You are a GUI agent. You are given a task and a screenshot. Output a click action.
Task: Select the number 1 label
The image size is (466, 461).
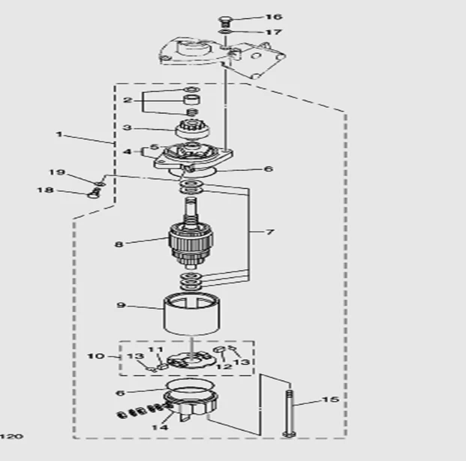pos(59,135)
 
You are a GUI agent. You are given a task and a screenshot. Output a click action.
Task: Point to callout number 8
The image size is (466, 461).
pos(119,243)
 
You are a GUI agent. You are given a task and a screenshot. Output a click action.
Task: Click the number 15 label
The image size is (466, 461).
pos(330,400)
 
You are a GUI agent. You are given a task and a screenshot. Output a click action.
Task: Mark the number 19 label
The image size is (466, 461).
pos(57,173)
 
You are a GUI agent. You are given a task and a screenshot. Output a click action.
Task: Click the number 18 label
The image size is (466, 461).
pos(46,190)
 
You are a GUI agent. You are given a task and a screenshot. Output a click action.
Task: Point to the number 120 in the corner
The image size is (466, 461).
pos(7,435)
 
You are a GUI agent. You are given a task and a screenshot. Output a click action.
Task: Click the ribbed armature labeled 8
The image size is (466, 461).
pos(191,241)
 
